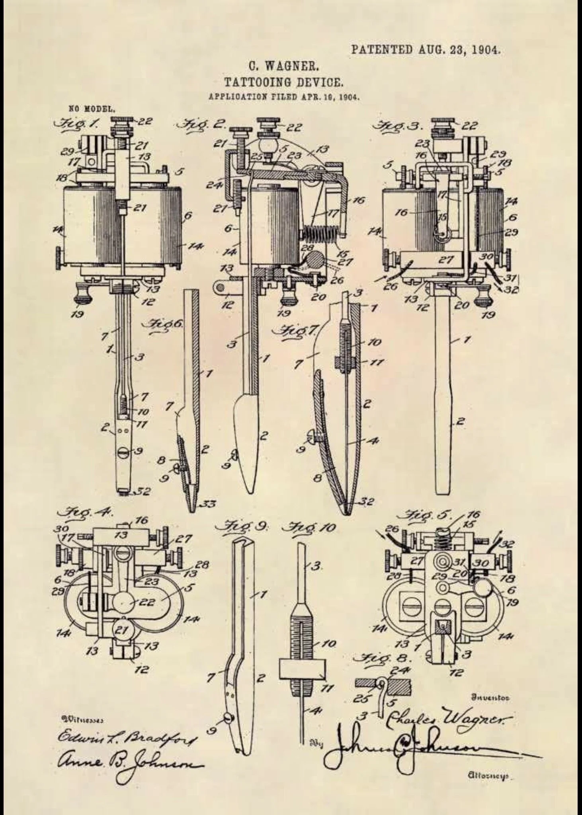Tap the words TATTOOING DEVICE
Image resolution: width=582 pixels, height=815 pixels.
(x=283, y=82)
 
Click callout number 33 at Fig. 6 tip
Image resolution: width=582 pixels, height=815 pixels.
(x=207, y=504)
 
